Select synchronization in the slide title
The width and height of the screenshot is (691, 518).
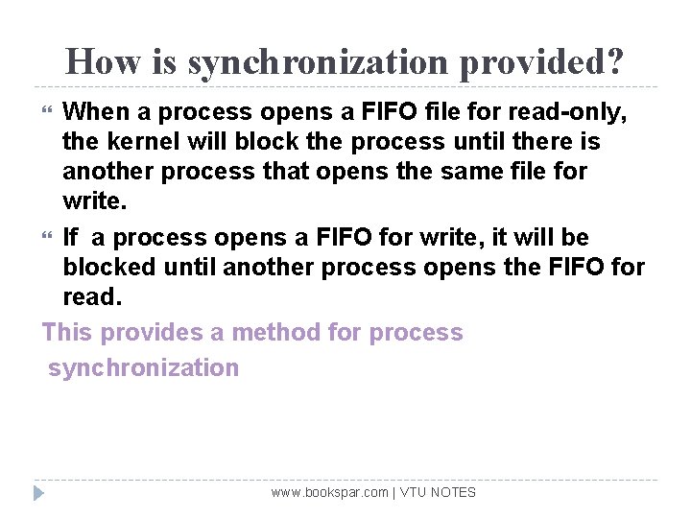(x=323, y=62)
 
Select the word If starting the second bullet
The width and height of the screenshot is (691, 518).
(x=71, y=237)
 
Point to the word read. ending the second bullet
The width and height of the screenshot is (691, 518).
(x=92, y=296)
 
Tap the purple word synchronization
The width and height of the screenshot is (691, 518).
(x=143, y=367)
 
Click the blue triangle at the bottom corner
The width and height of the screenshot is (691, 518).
(x=38, y=493)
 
